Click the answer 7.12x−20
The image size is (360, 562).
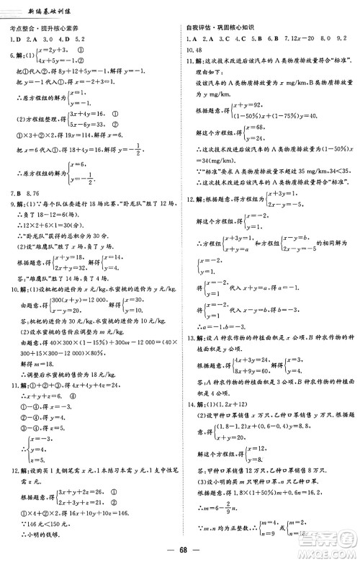tap(279, 38)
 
